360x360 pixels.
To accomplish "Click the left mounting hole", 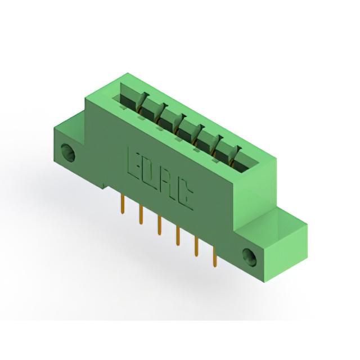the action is tap(67, 152).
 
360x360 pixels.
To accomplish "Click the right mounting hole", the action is tap(249, 257).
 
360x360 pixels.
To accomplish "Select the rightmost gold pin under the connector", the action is tap(214, 256).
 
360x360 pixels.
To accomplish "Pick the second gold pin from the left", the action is tap(141, 215).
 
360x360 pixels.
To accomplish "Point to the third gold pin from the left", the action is tap(159, 226).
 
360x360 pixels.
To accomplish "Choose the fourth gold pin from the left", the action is tap(178, 236).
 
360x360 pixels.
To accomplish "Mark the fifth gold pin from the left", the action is tap(196, 246).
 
